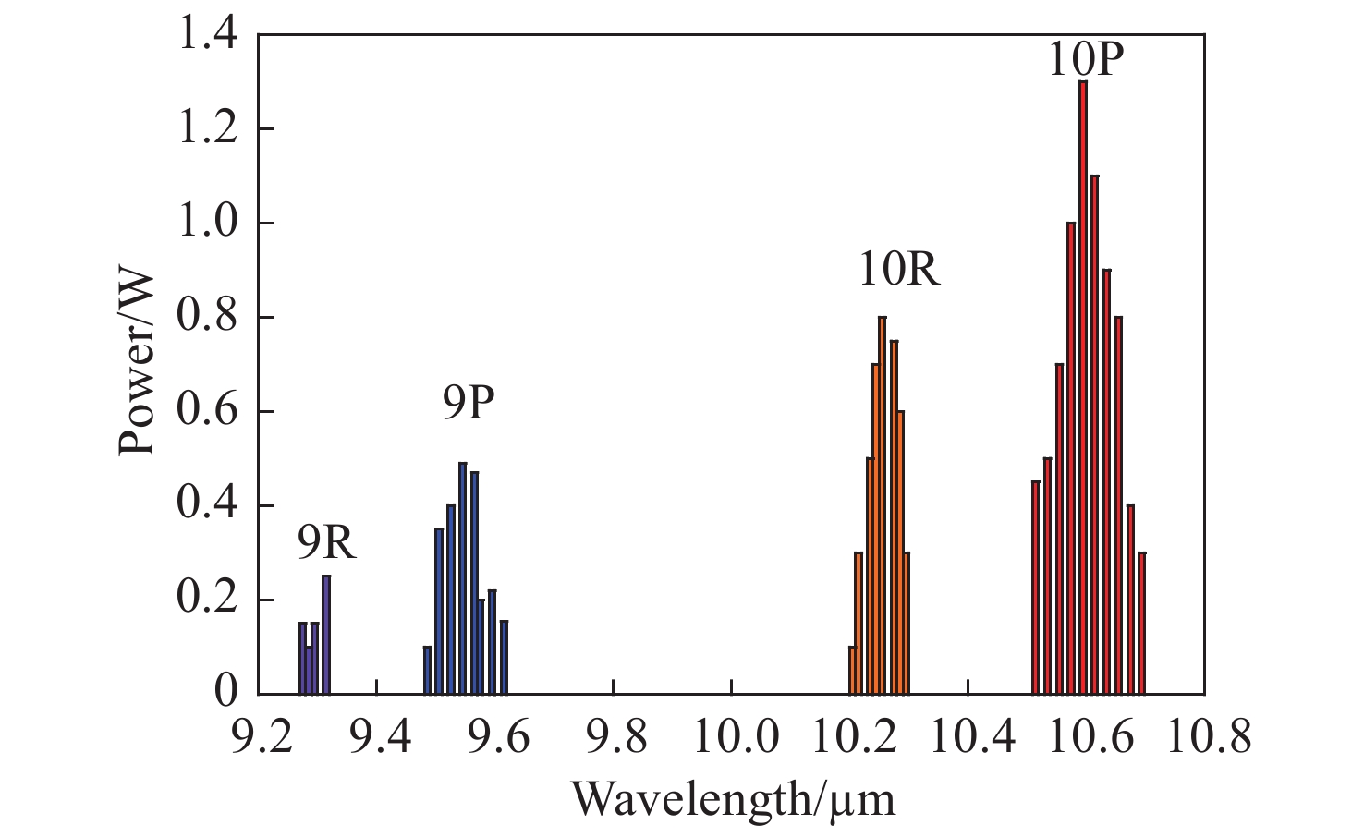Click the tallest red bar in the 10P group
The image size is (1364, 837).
coord(1083,388)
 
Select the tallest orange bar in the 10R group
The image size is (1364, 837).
coord(882,505)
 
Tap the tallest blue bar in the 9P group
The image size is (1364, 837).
coord(462,577)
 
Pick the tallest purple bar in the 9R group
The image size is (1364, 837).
coord(326,635)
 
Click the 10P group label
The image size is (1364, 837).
coord(1086,60)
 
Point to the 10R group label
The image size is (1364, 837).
coord(899,270)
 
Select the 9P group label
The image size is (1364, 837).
coord(468,404)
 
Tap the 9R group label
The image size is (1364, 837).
coord(326,544)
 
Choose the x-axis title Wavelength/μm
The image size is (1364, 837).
coord(734,799)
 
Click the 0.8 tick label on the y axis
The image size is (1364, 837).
coord(207,318)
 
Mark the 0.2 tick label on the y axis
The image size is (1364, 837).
coord(207,600)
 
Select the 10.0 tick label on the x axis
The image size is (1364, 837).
coord(731,739)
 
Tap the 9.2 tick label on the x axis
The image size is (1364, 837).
coord(259,739)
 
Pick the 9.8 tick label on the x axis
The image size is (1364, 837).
coord(613,739)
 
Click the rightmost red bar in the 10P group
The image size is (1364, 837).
coord(1142,624)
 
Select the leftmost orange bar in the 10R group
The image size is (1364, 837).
coord(852,671)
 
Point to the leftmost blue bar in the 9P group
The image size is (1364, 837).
coord(427,671)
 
